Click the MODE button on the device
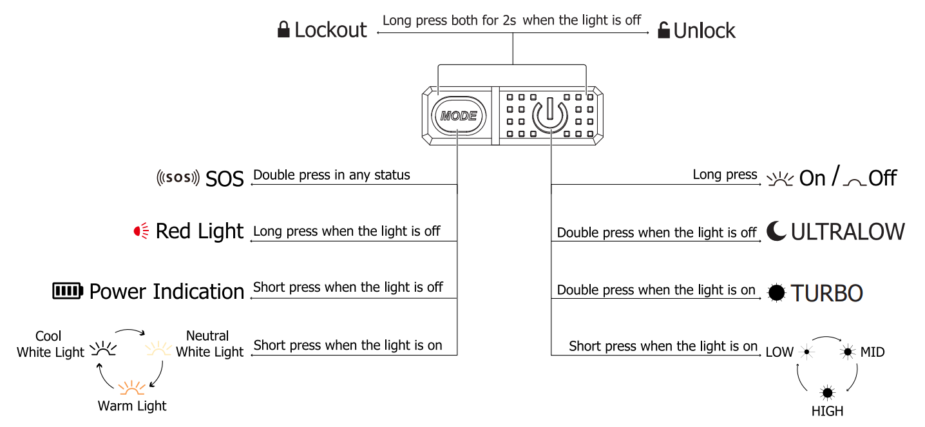tap(458, 117)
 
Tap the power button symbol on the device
tap(549, 115)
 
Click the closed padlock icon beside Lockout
tap(283, 30)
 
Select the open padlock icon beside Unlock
tap(663, 30)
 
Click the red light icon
tap(141, 231)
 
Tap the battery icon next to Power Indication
tap(68, 291)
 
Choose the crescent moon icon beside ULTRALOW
tap(776, 231)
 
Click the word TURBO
tap(826, 293)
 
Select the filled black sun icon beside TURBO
tap(777, 292)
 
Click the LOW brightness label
tap(779, 352)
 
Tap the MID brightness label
tap(872, 352)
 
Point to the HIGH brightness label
tap(827, 411)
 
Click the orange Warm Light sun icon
tap(131, 387)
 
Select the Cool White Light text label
tap(50, 344)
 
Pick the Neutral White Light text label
tap(209, 344)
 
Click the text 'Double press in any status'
tap(331, 175)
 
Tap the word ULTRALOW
tap(848, 232)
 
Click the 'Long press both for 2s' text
tap(449, 20)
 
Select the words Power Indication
tap(166, 292)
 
